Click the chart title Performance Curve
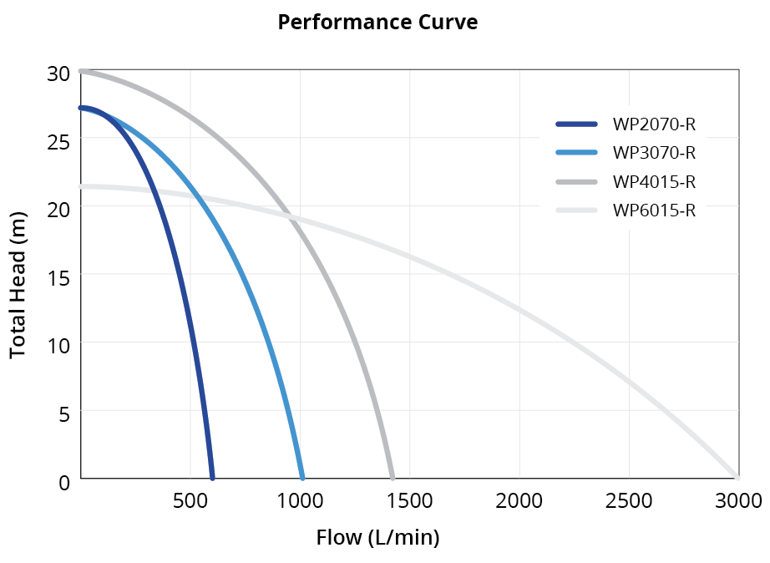point(377,23)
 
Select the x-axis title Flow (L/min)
point(377,537)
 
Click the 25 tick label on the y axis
point(58,141)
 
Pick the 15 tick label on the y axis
point(58,276)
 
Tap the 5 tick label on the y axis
point(63,413)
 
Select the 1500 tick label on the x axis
point(410,500)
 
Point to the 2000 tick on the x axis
point(519,500)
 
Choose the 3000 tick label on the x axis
point(738,500)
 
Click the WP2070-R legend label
point(654,125)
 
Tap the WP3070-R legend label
point(654,153)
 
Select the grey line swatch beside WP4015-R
point(577,181)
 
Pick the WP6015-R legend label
point(654,210)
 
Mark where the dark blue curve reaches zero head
point(212,478)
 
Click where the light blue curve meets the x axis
point(302,478)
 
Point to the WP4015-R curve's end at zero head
point(392,478)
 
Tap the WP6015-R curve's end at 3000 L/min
point(737,477)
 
